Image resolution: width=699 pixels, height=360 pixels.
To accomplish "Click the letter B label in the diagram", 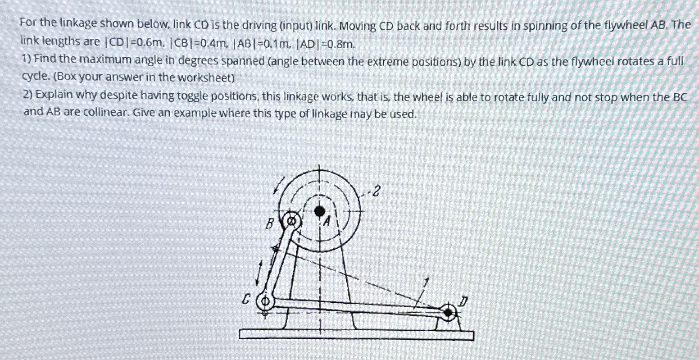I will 270,223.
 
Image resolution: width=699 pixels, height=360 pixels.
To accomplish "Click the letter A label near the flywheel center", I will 327,222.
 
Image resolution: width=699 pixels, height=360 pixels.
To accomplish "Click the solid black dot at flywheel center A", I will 320,210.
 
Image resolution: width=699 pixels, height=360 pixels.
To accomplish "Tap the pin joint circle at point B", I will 292,221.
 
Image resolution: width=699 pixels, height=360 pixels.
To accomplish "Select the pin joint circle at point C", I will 265,301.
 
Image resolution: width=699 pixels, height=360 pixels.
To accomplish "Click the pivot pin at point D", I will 448,311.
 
